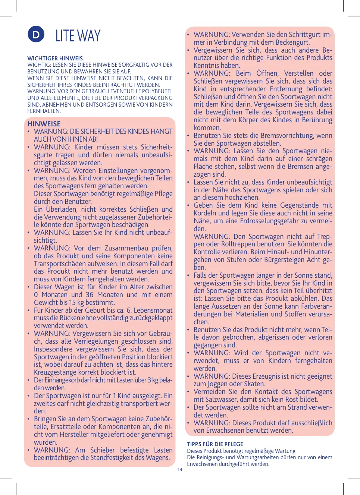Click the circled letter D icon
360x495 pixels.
pyautogui.click(x=36, y=35)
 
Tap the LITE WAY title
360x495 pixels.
pyautogui.click(x=78, y=36)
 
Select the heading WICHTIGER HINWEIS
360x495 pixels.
pyautogui.click(x=55, y=59)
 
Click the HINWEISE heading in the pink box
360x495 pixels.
pyautogui.click(x=44, y=124)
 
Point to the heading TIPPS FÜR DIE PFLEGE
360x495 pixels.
pyautogui.click(x=215, y=444)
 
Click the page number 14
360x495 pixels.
pyautogui.click(x=180, y=470)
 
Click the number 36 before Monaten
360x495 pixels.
pyautogui.click(x=90, y=294)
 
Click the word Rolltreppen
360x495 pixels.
pyautogui.click(x=229, y=244)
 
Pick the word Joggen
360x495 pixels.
pyautogui.click(x=218, y=384)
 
